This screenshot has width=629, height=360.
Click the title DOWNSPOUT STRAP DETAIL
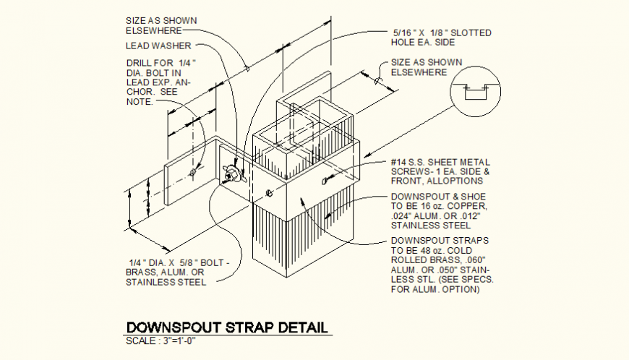click(223, 327)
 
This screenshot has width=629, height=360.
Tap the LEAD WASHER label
click(158, 46)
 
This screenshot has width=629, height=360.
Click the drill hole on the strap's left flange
click(192, 173)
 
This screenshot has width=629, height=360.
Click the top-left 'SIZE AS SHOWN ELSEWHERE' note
click(161, 26)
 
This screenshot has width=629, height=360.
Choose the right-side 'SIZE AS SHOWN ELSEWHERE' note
click(426, 67)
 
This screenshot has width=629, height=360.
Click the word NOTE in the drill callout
click(139, 102)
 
